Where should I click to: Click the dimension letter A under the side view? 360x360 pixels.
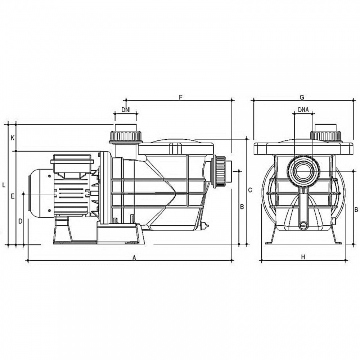click(135, 258)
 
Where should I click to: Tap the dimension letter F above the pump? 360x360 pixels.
click(181, 97)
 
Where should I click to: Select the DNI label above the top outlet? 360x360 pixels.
click(126, 110)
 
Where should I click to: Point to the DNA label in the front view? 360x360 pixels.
click(303, 110)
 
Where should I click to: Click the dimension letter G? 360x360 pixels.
click(302, 97)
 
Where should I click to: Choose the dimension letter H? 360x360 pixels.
click(303, 257)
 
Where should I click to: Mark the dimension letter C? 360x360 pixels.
click(250, 190)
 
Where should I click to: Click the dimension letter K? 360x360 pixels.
click(13, 138)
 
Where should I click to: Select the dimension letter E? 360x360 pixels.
click(13, 196)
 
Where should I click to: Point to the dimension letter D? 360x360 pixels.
click(20, 221)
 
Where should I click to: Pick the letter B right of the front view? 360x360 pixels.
click(356, 210)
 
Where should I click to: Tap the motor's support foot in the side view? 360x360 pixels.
click(63, 230)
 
